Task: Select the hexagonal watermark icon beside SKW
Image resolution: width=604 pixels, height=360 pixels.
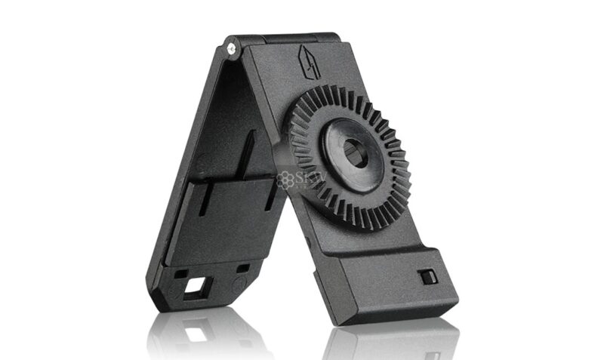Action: pos(285,180)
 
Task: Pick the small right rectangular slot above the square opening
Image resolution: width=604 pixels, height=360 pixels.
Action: pos(242,269)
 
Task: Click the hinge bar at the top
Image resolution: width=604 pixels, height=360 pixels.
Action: pos(287,38)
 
